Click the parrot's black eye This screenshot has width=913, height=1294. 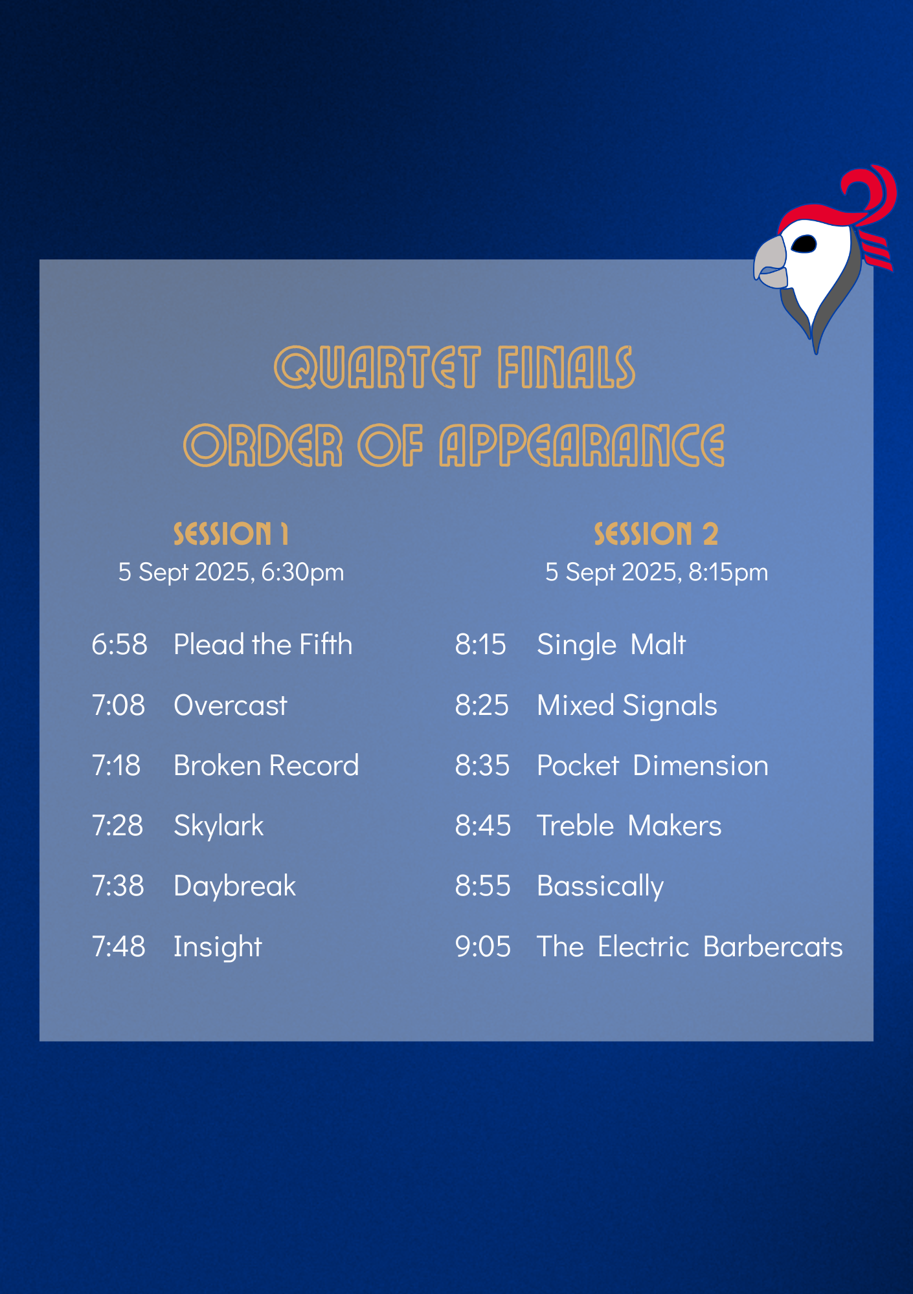[x=804, y=244]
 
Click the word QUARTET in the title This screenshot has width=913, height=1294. [x=378, y=367]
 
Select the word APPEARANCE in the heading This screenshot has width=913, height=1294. [x=582, y=445]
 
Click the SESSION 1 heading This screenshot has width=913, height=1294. [x=231, y=534]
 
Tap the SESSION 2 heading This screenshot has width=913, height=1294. [x=656, y=534]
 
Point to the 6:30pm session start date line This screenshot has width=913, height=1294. [x=231, y=573]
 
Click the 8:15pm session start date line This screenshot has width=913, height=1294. [x=657, y=573]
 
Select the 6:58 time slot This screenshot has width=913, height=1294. [x=120, y=645]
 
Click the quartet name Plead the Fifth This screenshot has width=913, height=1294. [x=263, y=645]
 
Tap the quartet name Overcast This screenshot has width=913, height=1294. [x=231, y=705]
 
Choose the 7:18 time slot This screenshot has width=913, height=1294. [x=117, y=766]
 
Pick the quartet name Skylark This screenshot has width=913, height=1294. [x=219, y=826]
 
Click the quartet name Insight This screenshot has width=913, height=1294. [x=218, y=947]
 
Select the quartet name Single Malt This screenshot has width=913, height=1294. [x=611, y=645]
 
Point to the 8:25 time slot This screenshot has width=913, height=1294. [x=482, y=705]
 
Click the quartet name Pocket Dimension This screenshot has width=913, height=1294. [x=653, y=766]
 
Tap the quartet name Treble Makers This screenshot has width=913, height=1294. [x=629, y=826]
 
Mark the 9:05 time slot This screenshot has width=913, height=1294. [x=483, y=947]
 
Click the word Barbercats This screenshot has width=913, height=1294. [x=773, y=947]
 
